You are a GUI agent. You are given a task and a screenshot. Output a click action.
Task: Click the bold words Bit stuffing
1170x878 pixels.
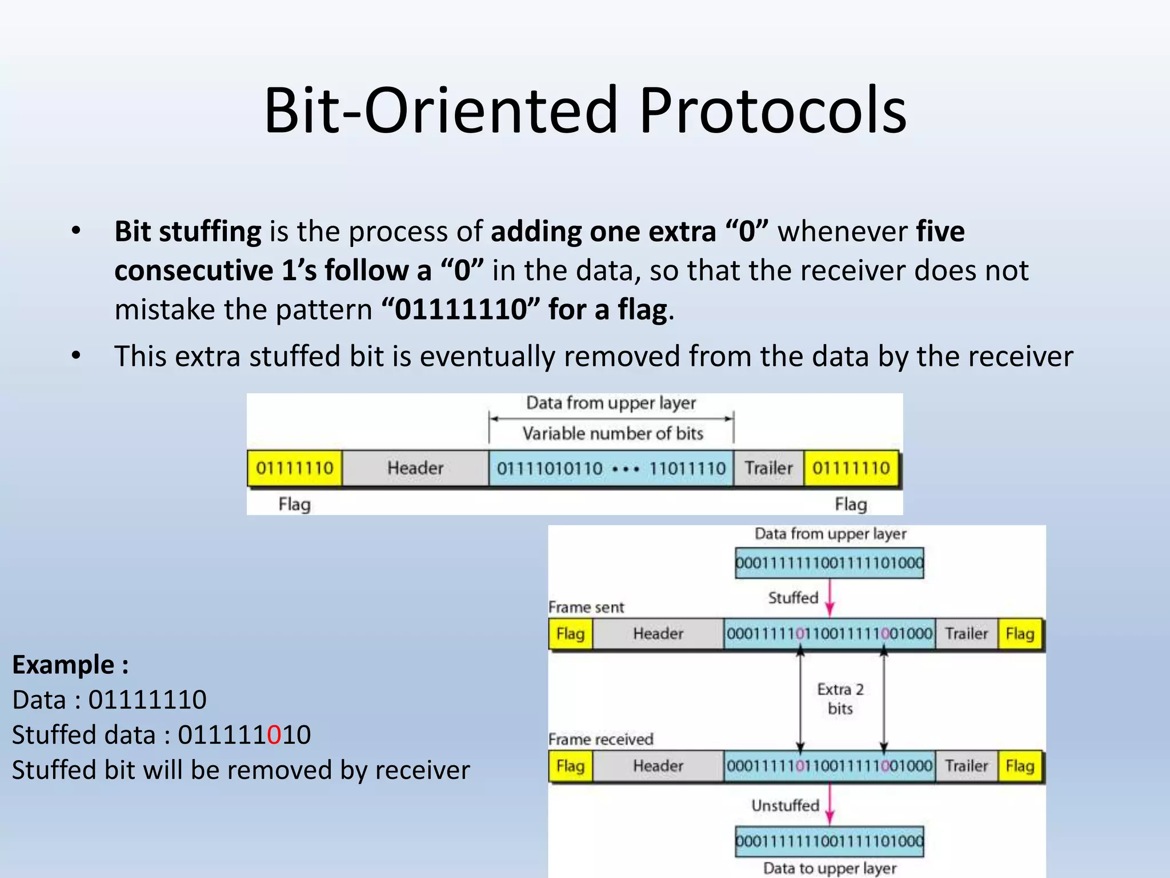[188, 232]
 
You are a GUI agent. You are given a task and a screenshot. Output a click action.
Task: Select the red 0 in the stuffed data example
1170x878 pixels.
[274, 735]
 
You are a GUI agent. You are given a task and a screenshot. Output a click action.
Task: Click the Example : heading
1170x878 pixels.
[70, 665]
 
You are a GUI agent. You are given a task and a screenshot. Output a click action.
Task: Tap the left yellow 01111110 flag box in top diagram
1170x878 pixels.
[295, 468]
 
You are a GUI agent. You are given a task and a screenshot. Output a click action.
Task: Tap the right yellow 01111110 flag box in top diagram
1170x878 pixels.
[851, 468]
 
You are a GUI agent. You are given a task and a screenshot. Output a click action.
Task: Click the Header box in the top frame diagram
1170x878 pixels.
[415, 468]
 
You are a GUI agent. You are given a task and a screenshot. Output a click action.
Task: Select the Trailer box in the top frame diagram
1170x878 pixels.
[768, 468]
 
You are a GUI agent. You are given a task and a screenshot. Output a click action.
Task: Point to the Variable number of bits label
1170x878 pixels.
[612, 433]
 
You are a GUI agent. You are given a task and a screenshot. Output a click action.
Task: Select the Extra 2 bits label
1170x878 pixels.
[840, 699]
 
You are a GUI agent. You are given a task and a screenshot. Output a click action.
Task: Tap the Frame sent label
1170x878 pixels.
[586, 607]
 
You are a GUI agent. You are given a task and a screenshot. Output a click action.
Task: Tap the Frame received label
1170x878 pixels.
[600, 739]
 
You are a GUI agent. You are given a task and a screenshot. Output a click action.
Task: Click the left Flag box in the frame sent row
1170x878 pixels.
[570, 634]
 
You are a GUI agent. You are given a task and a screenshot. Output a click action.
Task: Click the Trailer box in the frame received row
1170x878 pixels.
[966, 766]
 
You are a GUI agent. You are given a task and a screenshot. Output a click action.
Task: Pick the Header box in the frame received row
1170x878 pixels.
[658, 766]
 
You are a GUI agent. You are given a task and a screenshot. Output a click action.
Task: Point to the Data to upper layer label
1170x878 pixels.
[830, 868]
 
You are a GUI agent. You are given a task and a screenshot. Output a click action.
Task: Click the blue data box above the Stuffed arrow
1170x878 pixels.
[829, 563]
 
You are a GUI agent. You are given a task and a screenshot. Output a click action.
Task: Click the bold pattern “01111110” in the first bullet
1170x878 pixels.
[460, 310]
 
